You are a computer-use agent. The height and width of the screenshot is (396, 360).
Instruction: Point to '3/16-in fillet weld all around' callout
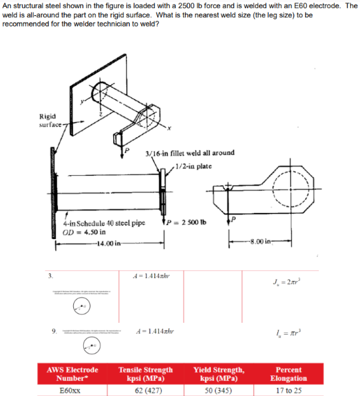[x=190, y=152]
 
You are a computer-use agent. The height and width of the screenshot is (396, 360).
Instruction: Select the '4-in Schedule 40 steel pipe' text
[x=104, y=222]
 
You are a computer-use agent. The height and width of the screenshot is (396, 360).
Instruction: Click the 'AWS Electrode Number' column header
[x=72, y=373]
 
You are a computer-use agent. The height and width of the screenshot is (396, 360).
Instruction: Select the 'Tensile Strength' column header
[x=146, y=373]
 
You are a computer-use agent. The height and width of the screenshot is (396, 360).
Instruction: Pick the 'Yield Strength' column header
[x=219, y=373]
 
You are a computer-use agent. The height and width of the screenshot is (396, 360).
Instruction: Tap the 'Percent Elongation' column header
[x=289, y=373]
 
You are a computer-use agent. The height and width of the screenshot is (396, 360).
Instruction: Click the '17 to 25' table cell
[x=289, y=391]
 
